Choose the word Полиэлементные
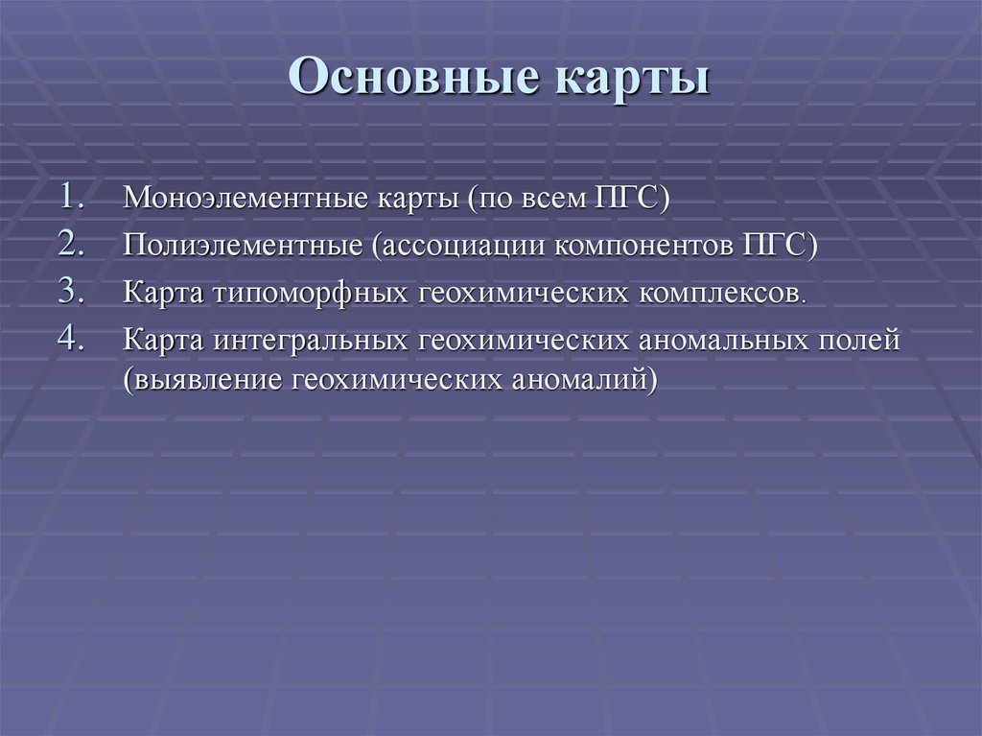tap(241, 246)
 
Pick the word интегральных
tap(313, 340)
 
